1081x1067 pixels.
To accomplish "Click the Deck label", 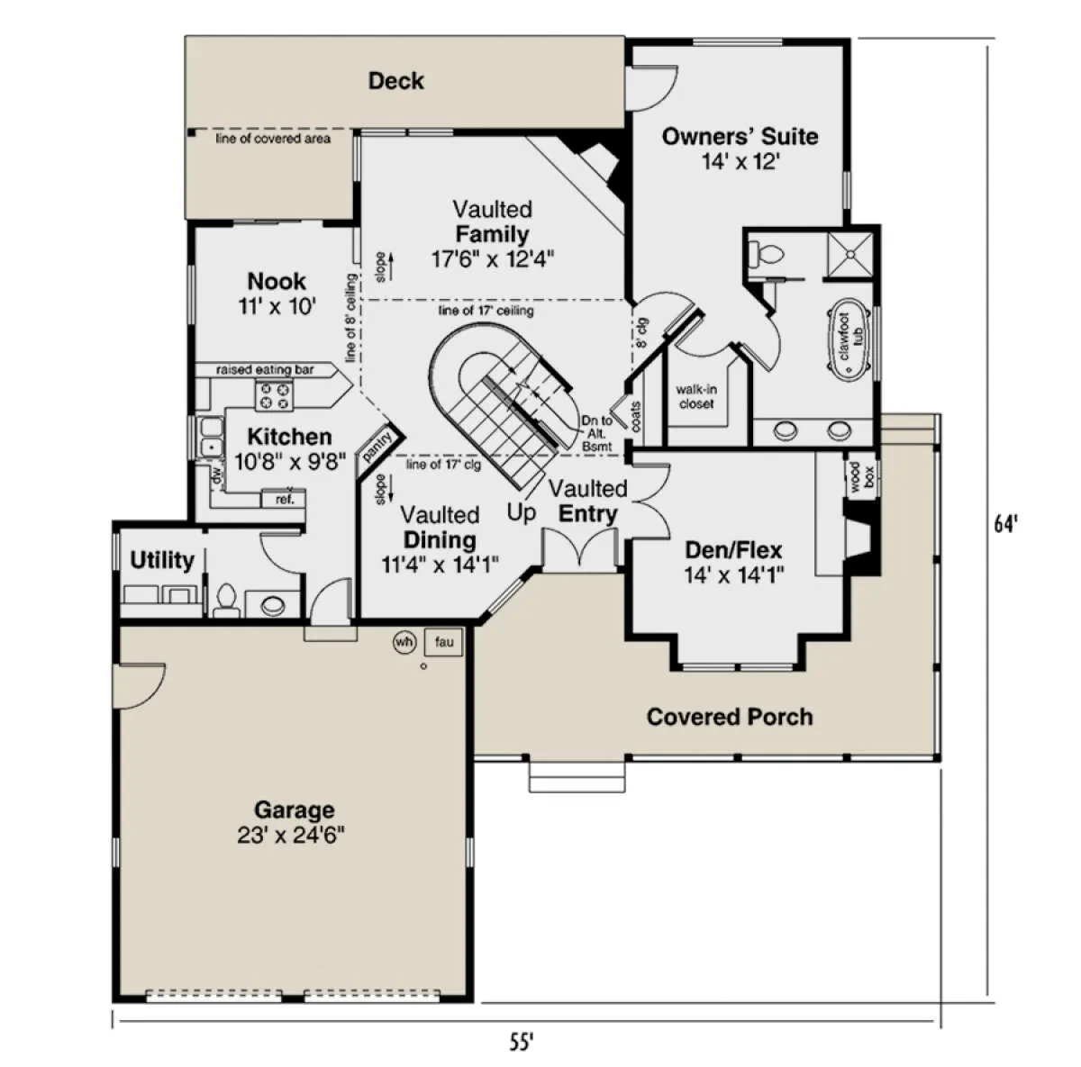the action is coord(395,81).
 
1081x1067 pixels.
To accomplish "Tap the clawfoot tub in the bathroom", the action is coord(848,337).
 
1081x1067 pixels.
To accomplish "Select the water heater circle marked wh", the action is coord(404,641).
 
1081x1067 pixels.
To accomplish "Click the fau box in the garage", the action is coord(444,642).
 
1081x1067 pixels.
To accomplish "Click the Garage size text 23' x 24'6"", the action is coord(291,836).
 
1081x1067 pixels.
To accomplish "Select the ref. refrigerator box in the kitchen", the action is coord(284,499).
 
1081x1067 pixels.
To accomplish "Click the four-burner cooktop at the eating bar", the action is coord(275,395).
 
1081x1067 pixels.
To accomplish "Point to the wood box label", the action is coord(862,476).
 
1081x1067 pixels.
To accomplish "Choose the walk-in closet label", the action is coord(696,396).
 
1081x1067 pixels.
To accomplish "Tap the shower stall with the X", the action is coord(850,254).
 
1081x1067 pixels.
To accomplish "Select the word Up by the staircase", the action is coord(522,513).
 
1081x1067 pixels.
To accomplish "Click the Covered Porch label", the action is coord(730,717).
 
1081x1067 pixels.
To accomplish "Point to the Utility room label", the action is coord(162,560).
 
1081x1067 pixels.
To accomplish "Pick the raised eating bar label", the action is coord(265,370).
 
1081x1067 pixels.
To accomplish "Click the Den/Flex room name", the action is coord(733,550).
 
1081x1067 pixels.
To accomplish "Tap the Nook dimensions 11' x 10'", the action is coord(277,306).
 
